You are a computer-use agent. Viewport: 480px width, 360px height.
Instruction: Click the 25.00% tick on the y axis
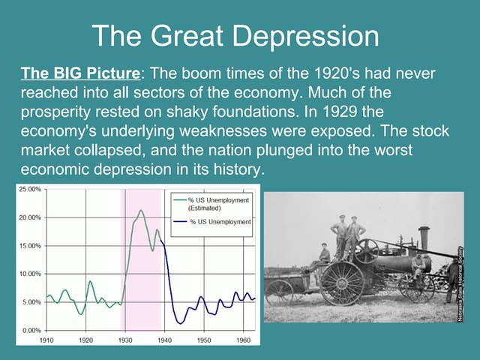coord(30,190)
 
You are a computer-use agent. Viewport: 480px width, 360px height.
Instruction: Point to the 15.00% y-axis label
coord(30,246)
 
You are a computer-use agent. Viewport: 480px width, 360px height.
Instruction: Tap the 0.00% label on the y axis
coord(31,330)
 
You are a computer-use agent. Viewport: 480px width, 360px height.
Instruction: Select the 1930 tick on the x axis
coord(125,340)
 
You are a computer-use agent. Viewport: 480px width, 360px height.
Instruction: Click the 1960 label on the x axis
coord(243,340)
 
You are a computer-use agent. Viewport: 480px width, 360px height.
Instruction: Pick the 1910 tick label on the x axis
coord(46,340)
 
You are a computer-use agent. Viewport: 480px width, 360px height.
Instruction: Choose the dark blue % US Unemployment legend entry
coord(220,222)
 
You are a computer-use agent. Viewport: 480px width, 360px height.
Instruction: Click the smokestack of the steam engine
coord(424,238)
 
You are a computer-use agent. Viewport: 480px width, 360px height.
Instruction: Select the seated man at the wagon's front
coord(323,255)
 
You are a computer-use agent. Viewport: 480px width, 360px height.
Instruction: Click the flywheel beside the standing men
coord(368,250)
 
